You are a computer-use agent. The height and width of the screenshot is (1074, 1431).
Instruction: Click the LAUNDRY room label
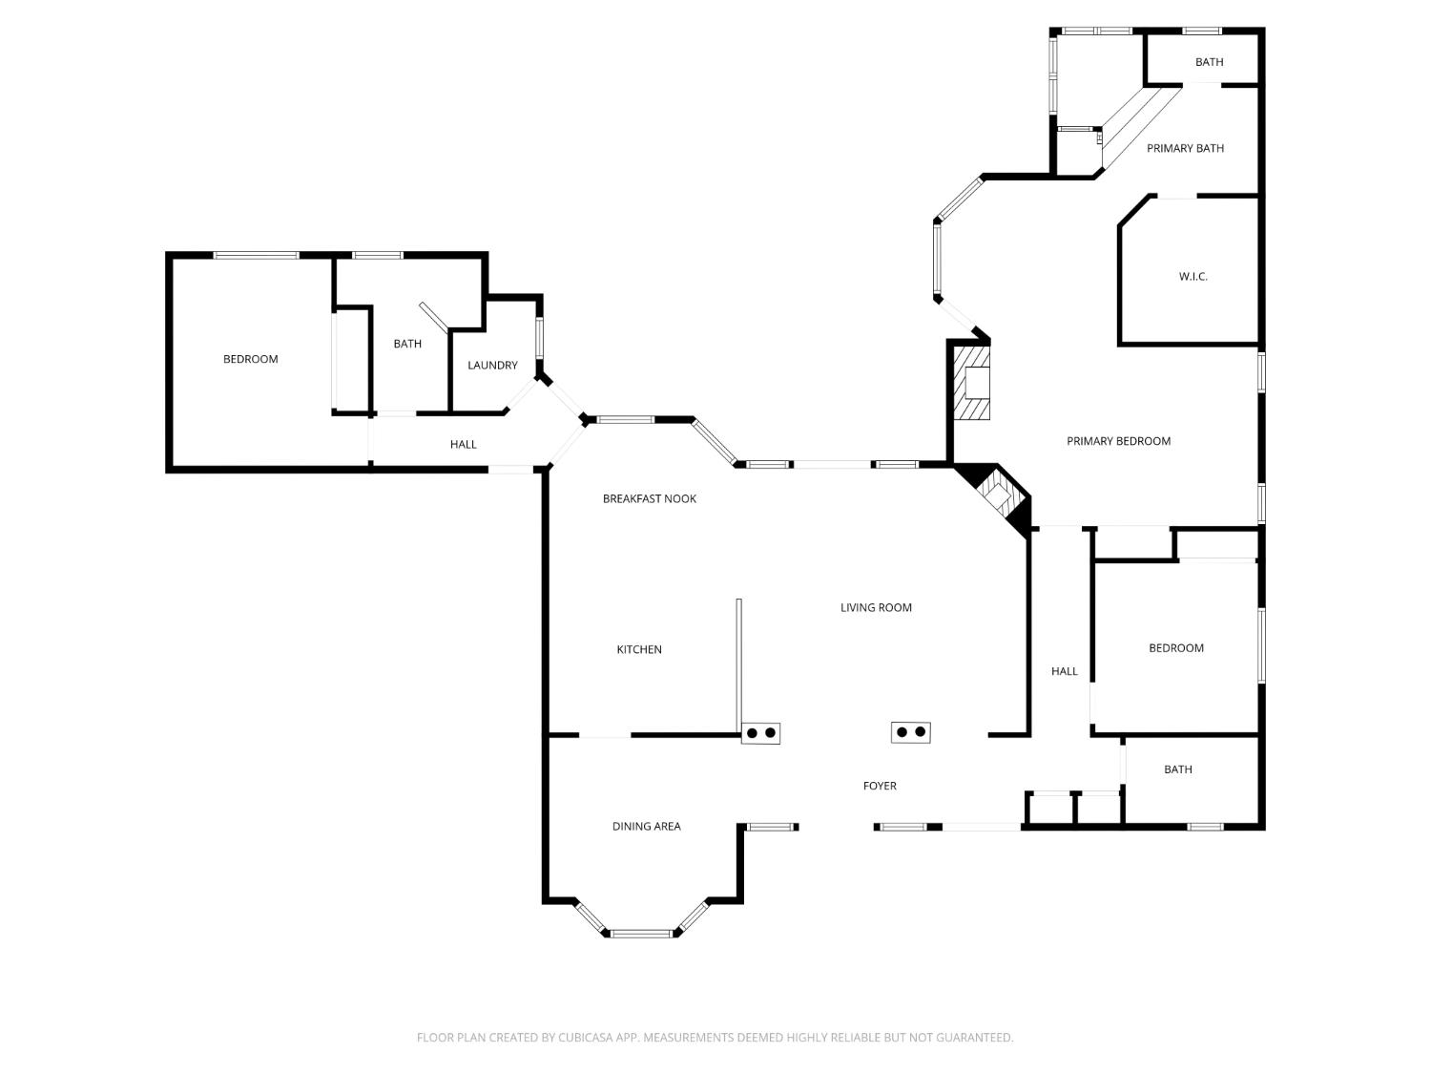click(492, 366)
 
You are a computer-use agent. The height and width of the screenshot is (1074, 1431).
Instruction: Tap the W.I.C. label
click(1192, 277)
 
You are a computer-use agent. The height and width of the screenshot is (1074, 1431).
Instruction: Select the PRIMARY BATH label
click(1185, 149)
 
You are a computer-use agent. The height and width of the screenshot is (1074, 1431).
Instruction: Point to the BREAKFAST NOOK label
click(649, 499)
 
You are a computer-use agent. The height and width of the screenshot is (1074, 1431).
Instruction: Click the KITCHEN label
click(639, 649)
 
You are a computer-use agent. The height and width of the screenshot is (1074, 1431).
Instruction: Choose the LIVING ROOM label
click(876, 608)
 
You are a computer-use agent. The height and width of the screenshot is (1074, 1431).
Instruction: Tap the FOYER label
click(880, 786)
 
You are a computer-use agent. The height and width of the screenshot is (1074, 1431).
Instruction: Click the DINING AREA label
click(646, 826)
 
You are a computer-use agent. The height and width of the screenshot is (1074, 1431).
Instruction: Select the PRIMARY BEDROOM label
click(1118, 441)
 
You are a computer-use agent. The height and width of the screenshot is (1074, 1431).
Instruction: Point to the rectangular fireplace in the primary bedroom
click(972, 382)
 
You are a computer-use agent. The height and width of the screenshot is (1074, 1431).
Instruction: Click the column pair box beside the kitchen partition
click(760, 733)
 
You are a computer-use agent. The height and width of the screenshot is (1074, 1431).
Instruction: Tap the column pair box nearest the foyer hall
click(911, 732)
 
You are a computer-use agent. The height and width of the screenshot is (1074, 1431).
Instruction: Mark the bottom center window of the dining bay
click(641, 934)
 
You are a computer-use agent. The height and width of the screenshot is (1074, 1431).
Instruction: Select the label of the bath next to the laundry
click(407, 344)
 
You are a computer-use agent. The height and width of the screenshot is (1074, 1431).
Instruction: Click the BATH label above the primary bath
click(1209, 62)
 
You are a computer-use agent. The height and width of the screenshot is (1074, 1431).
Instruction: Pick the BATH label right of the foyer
click(1177, 769)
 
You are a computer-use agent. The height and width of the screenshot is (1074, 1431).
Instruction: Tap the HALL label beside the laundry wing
click(463, 445)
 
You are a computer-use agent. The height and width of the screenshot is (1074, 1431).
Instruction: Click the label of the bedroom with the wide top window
click(250, 359)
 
